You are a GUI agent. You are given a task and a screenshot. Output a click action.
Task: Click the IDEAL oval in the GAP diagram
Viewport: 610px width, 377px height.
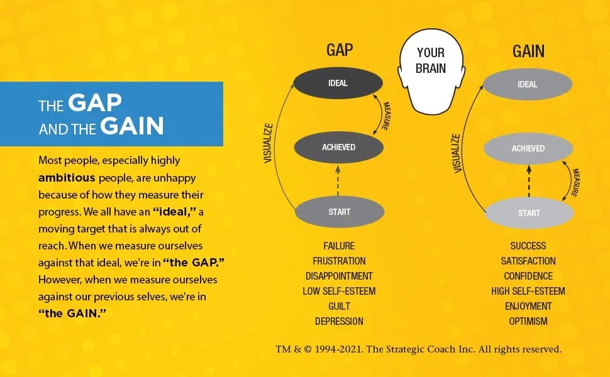tap(338, 83)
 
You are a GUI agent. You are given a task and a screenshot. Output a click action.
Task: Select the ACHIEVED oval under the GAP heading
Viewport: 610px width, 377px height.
tap(339, 147)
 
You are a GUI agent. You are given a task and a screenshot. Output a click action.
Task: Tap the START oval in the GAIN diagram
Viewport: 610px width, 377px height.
tap(529, 213)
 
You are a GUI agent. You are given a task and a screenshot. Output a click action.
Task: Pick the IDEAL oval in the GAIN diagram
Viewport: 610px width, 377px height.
tap(528, 84)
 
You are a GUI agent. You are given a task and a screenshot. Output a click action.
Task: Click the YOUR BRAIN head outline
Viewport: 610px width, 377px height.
tap(431, 69)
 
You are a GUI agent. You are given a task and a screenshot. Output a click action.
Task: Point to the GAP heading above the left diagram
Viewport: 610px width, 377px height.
tap(339, 51)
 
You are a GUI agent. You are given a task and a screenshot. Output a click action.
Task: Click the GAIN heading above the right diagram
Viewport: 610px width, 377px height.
tap(528, 51)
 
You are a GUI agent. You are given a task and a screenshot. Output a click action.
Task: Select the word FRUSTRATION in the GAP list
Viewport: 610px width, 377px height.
tap(339, 261)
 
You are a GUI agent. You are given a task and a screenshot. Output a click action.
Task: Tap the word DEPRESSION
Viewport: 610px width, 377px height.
tap(339, 321)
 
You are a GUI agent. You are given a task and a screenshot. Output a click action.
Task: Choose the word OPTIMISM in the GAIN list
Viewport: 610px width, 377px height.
tap(528, 321)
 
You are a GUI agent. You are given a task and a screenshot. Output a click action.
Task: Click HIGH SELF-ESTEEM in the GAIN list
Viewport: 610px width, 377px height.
tap(528, 291)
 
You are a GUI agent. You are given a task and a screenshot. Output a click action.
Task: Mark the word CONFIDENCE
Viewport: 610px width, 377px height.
tap(528, 276)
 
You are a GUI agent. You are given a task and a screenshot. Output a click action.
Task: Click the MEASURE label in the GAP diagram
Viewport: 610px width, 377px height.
tap(384, 114)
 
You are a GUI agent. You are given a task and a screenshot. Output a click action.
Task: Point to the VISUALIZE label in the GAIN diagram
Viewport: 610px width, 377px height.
tap(457, 153)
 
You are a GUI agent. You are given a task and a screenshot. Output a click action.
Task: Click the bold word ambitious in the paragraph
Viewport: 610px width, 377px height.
tap(67, 177)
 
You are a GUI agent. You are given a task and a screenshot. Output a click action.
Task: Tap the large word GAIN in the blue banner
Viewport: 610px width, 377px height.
tap(132, 126)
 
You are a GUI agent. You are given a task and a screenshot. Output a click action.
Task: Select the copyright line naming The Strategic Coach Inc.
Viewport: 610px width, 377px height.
tap(418, 349)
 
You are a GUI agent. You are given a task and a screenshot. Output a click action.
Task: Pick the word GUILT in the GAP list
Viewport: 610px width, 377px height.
tap(339, 306)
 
